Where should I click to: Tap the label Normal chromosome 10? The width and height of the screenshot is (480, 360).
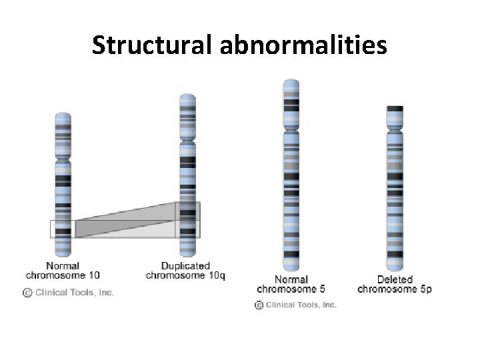(63, 271)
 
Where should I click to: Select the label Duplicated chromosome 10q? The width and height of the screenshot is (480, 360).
(185, 271)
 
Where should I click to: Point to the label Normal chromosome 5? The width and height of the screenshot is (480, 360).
(291, 284)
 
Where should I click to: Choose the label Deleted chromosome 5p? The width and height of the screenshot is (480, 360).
(395, 284)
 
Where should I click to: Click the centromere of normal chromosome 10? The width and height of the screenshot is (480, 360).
(63, 161)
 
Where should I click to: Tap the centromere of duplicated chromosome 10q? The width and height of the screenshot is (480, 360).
(187, 141)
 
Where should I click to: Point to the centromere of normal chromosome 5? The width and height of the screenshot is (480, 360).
(291, 127)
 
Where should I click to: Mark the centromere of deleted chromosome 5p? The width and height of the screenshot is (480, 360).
(395, 127)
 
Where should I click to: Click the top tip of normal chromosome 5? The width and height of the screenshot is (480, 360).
(291, 81)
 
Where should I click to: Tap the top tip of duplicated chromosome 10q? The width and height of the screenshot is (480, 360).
(187, 95)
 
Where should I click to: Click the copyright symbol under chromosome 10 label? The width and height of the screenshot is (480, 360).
(27, 292)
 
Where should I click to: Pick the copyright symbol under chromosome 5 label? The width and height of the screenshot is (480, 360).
(259, 305)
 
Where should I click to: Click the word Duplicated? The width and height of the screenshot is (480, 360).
(185, 266)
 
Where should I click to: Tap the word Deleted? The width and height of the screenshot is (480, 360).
(395, 279)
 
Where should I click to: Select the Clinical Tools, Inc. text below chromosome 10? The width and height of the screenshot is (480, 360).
(75, 292)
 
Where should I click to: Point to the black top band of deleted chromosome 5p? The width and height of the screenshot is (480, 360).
(395, 109)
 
